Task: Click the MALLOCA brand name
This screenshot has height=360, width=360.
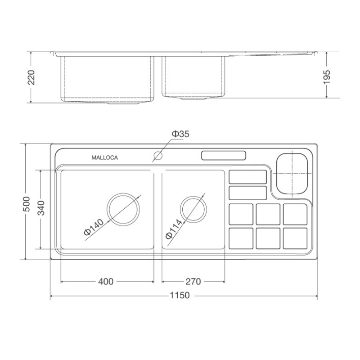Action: [x=105, y=158]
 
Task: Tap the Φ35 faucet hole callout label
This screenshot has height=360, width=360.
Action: [x=181, y=134]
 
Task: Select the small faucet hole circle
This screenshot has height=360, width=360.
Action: [x=158, y=155]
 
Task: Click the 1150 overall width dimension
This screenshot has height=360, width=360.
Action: [x=180, y=295]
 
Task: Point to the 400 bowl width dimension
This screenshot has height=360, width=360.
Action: [x=106, y=282]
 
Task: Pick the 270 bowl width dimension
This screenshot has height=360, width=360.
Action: [x=193, y=282]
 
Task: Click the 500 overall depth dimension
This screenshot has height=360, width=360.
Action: [x=27, y=204]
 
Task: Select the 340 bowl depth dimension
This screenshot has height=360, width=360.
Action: [x=41, y=208]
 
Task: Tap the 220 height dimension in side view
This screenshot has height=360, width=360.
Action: [x=31, y=77]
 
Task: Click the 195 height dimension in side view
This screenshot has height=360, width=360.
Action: [x=327, y=76]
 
